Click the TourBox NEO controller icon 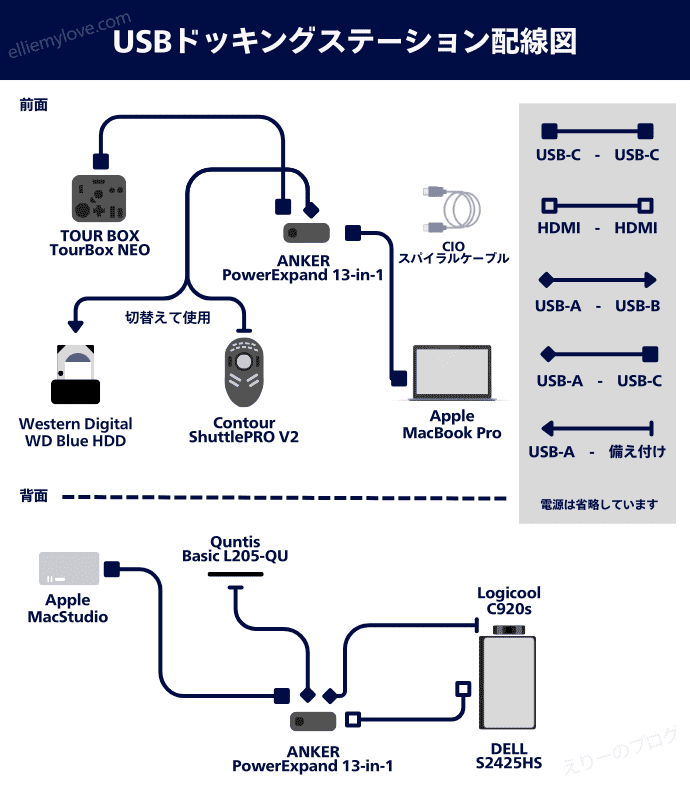99,198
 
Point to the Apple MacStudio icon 69,568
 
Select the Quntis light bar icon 235,574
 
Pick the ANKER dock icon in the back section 313,720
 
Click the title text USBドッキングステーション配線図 344,42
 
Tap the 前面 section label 34,104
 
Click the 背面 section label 34,495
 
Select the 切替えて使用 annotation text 167,318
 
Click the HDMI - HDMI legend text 597,228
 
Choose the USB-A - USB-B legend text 597,306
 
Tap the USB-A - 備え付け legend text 597,452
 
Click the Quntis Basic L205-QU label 235,548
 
